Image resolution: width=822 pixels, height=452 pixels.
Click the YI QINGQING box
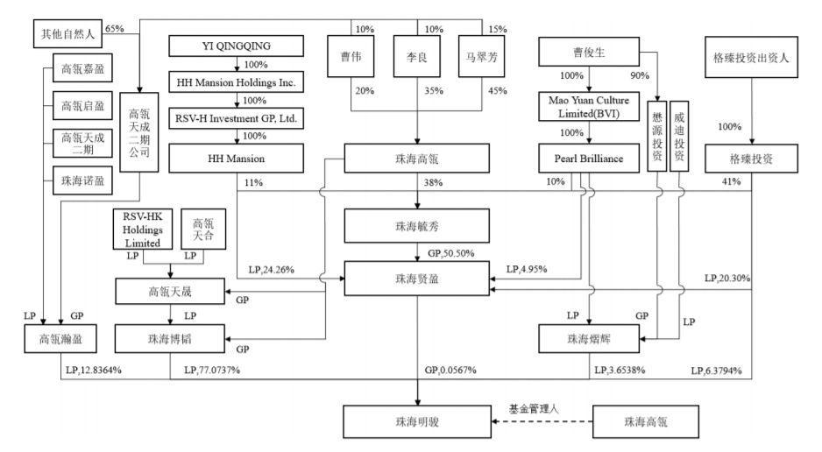pos(236,46)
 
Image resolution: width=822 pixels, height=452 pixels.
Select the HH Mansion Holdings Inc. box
pos(236,82)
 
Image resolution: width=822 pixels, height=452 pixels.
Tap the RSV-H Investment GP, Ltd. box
pos(236,118)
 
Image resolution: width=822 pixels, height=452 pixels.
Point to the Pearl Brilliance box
pos(589,159)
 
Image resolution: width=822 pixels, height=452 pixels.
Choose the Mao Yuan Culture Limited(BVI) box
pos(589,106)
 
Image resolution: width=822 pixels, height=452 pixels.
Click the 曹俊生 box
pos(589,52)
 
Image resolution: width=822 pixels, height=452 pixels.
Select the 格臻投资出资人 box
pos(751,57)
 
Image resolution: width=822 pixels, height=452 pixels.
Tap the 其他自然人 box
pos(67,34)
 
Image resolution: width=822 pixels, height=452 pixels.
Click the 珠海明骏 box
pos(417,421)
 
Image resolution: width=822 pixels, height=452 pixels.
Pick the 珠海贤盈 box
pos(417,279)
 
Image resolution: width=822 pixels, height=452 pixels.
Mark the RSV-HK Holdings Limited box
pos(143,230)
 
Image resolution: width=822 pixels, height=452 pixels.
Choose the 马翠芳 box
pos(481,57)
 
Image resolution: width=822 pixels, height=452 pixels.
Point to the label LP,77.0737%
pos(212,371)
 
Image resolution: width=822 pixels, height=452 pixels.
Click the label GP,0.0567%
pos(450,371)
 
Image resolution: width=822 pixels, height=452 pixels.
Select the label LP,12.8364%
pos(93,371)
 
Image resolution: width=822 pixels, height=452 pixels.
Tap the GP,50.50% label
pos(450,253)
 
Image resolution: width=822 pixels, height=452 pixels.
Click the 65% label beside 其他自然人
pos(114,29)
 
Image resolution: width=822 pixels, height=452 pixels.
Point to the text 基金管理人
pos(534,408)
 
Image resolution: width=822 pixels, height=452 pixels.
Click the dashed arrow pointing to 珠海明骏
pos(542,421)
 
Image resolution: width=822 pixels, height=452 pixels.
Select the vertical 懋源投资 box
pos(657,136)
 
